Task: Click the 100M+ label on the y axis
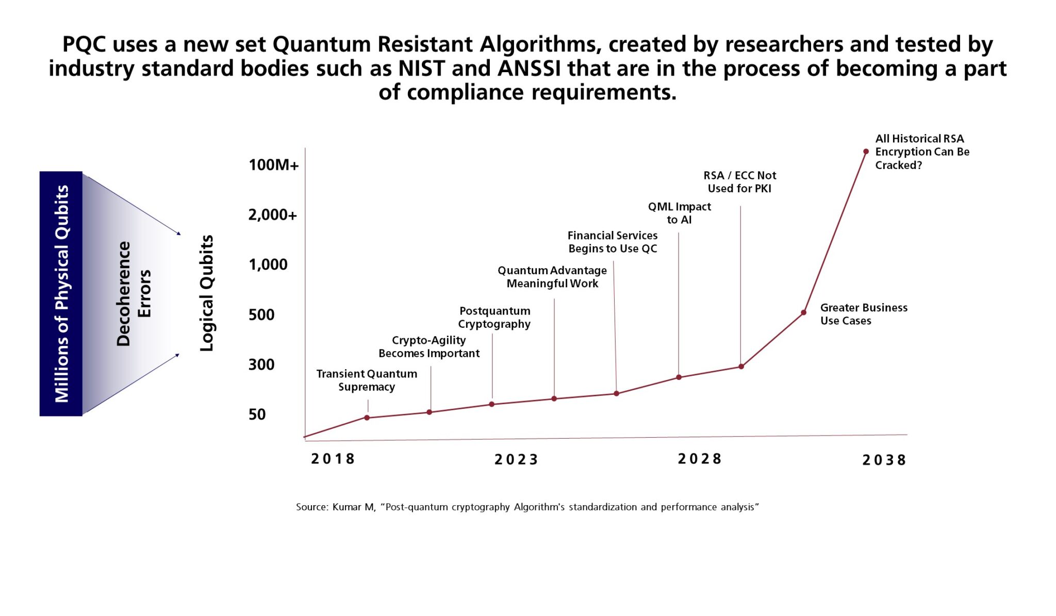pyautogui.click(x=273, y=165)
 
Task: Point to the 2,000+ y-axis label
pyautogui.click(x=272, y=215)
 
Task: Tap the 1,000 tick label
pyautogui.click(x=268, y=264)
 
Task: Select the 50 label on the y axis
pyautogui.click(x=257, y=414)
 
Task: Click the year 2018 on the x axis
pyautogui.click(x=333, y=459)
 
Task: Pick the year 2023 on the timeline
pyautogui.click(x=516, y=459)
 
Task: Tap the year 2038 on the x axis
pyautogui.click(x=884, y=460)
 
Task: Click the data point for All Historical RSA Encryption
pyautogui.click(x=866, y=152)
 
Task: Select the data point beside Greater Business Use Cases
pyautogui.click(x=803, y=312)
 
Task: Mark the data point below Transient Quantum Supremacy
pyautogui.click(x=367, y=418)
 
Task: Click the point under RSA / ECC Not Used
pyautogui.click(x=741, y=367)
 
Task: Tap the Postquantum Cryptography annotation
pyautogui.click(x=494, y=318)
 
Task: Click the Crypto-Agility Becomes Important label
pyautogui.click(x=429, y=347)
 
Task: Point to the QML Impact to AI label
pyautogui.click(x=679, y=213)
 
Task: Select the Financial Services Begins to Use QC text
pyautogui.click(x=613, y=242)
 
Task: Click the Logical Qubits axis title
pyautogui.click(x=207, y=293)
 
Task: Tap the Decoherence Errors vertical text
pyautogui.click(x=134, y=293)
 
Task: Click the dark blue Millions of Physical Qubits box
pyautogui.click(x=61, y=293)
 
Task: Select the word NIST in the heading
pyautogui.click(x=421, y=69)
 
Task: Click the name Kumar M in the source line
pyautogui.click(x=353, y=507)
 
